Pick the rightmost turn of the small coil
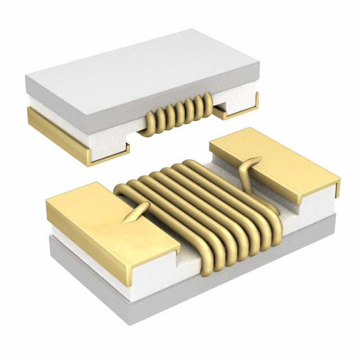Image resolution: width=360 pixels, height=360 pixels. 206,102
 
